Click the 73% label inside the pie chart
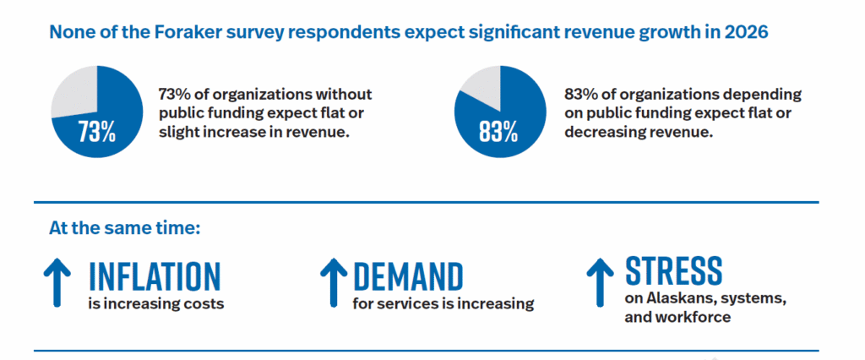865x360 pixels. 97,134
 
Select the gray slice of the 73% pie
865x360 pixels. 74,90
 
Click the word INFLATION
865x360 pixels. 155,275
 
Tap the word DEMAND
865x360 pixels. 408,275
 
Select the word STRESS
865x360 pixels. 673,270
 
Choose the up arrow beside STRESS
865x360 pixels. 600,280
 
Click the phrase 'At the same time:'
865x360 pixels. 124,228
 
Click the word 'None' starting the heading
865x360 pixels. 69,34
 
